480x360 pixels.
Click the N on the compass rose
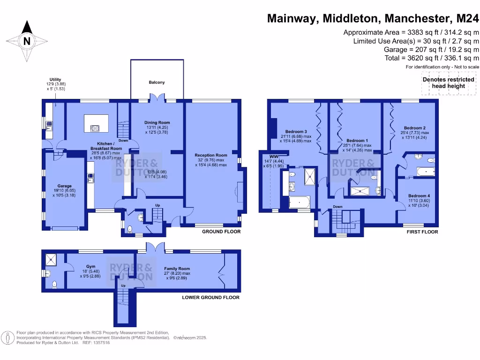(x=27, y=41)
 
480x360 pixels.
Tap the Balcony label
(x=157, y=82)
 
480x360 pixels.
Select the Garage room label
(x=65, y=186)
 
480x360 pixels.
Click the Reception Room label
(x=211, y=155)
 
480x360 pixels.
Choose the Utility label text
(x=55, y=80)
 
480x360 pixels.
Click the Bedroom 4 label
(x=419, y=195)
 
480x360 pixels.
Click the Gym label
(x=90, y=266)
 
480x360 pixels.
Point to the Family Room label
(x=177, y=269)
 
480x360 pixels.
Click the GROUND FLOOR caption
(x=221, y=232)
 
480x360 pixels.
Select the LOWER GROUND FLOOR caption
(x=210, y=297)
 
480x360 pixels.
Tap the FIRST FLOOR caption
(x=422, y=232)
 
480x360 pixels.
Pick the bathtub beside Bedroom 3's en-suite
(x=299, y=203)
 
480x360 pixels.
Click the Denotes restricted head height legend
(x=449, y=83)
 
